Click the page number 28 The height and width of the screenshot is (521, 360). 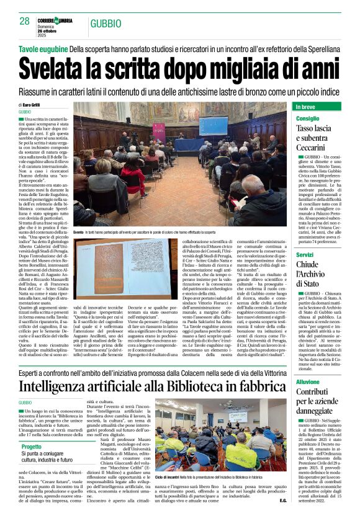click(x=25, y=20)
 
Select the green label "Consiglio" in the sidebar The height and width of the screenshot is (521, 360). click(x=308, y=118)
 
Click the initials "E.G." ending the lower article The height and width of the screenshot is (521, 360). click(x=283, y=501)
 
